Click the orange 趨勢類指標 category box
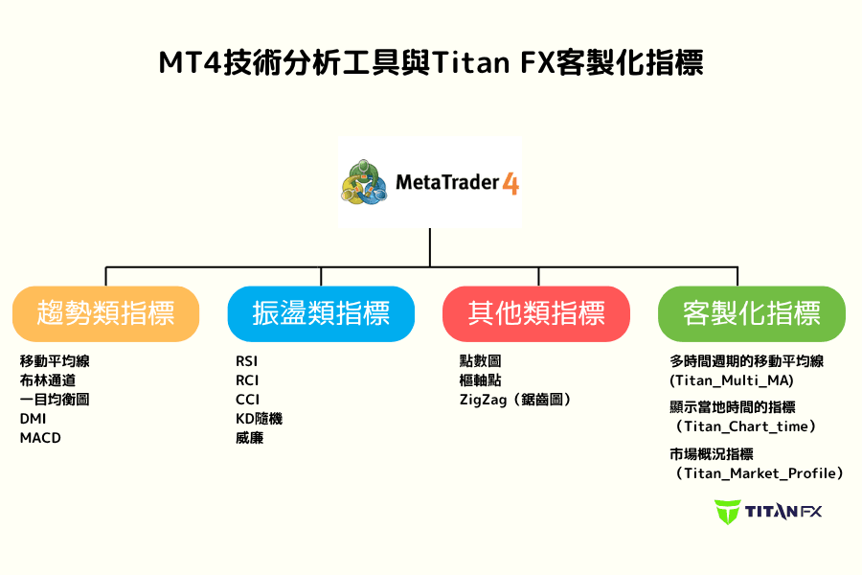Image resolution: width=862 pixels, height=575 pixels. [105, 313]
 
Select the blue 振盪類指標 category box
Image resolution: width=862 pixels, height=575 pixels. [321, 313]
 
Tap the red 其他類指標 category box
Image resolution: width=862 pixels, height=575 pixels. [536, 313]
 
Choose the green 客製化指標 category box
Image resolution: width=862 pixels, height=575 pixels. [752, 313]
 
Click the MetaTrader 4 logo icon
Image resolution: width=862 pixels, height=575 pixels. [365, 182]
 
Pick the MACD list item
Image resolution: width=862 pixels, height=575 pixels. [40, 438]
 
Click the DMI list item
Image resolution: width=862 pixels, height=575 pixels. [33, 419]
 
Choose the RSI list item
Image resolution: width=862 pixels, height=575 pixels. [247, 361]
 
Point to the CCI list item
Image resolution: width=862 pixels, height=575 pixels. [247, 400]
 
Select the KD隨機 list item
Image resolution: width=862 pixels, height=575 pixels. [259, 419]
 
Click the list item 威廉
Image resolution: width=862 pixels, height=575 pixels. [249, 438]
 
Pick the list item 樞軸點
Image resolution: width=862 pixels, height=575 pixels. [480, 380]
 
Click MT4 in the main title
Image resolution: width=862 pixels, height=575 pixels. [191, 63]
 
